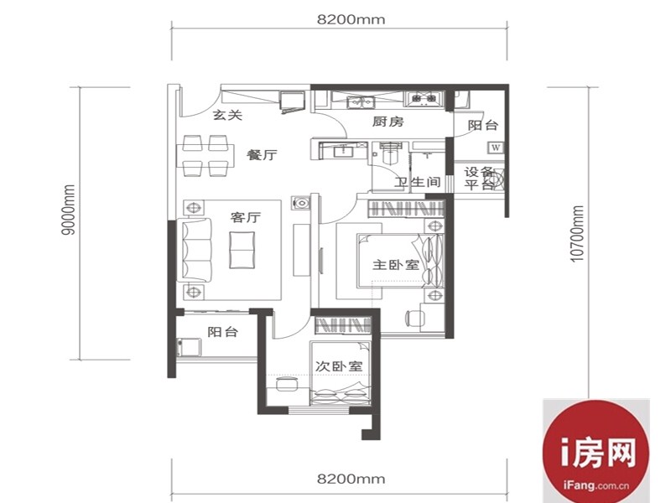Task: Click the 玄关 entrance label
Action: coord(227,115)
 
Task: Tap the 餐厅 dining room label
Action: coord(262,154)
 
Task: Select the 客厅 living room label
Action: coord(245,217)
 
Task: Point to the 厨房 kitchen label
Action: coord(388,122)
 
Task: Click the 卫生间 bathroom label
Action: coord(417,182)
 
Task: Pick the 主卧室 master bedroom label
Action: coord(396,265)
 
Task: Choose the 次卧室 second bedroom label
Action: coord(339,366)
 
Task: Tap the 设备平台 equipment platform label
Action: coord(479,179)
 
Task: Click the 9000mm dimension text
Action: coord(69,210)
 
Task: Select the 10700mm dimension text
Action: coord(577,234)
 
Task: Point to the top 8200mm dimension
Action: coord(351,19)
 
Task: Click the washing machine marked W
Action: coord(496,148)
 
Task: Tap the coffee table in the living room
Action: coord(242,250)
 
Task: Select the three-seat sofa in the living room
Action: coord(195,250)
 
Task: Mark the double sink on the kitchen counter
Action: coord(361,102)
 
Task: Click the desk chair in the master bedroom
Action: coord(414,318)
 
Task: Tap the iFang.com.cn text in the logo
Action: coord(596,485)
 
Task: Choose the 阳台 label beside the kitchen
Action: coord(483,125)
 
